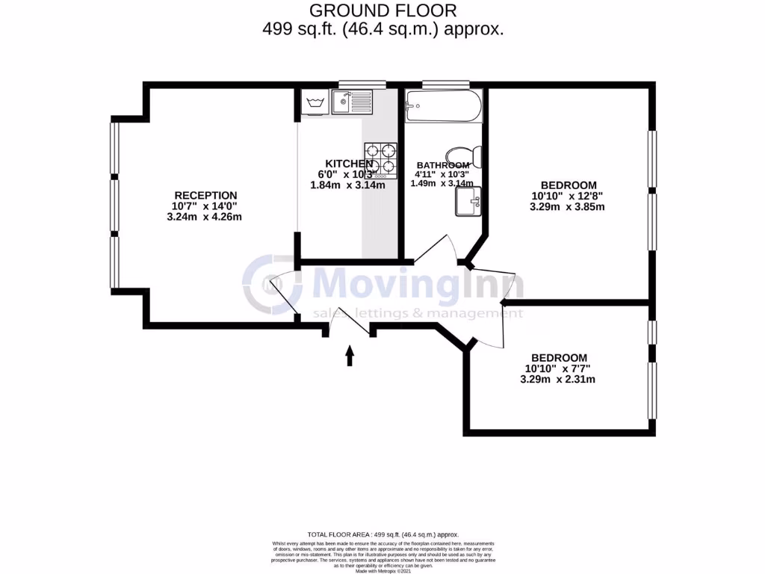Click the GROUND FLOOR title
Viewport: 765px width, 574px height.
[382, 10]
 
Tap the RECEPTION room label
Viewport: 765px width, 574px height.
[205, 195]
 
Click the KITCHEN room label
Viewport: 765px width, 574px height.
[348, 164]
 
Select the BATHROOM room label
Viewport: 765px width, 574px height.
[443, 165]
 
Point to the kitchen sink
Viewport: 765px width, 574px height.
[352, 101]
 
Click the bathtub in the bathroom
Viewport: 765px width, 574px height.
[444, 106]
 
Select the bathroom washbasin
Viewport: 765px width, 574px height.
[468, 200]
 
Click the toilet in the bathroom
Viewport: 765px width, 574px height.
[474, 155]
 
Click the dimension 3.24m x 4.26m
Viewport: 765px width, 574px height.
[205, 217]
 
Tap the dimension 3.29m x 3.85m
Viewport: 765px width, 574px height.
[567, 207]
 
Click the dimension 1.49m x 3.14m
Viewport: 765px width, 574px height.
[442, 183]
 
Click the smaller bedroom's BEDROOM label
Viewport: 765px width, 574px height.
[559, 358]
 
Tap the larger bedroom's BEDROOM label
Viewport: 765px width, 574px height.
[569, 185]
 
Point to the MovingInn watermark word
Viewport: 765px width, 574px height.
[417, 286]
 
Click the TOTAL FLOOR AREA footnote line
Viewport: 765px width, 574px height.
[382, 535]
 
